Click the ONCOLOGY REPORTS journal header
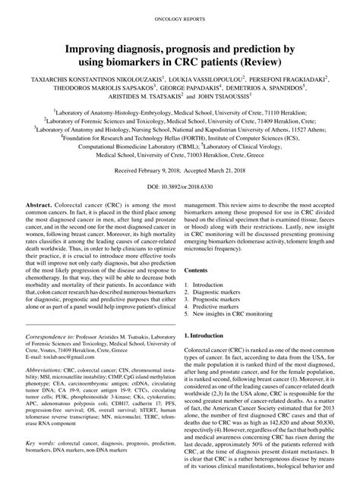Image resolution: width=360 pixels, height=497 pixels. pos(180,14)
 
